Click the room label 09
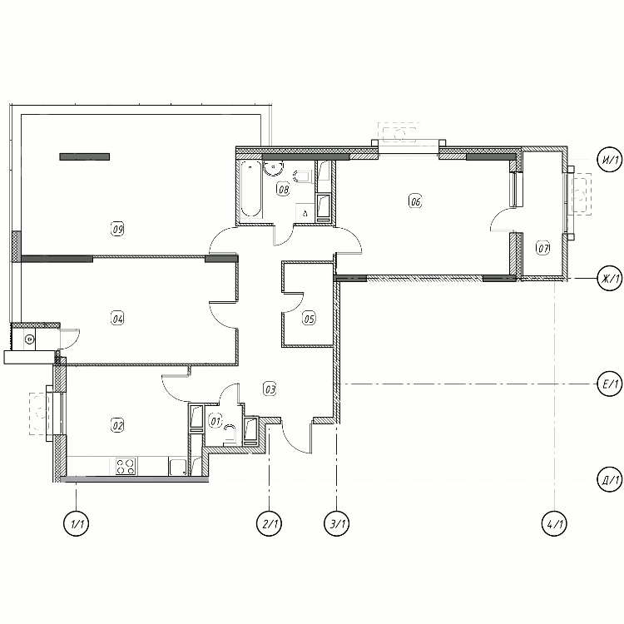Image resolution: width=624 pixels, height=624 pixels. tap(117, 229)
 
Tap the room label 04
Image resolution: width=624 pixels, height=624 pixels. tap(117, 319)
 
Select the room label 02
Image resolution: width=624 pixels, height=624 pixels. tap(117, 425)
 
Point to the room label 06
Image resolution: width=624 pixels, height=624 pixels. tap(415, 201)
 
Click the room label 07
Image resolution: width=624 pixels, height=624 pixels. tap(543, 248)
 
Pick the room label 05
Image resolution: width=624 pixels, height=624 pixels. tap(310, 319)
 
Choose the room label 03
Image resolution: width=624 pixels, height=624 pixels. tap(270, 389)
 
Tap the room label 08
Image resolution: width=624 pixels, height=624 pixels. tap(283, 189)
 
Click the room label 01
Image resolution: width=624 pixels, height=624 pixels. tap(215, 421)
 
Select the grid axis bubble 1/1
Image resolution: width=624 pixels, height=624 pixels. tap(77, 523)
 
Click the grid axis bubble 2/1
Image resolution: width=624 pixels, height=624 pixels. tap(270, 523)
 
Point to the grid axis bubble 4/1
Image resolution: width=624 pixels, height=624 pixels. tap(555, 523)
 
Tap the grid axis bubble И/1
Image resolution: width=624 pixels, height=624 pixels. tap(610, 160)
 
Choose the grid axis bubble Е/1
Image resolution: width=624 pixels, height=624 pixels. tap(610, 384)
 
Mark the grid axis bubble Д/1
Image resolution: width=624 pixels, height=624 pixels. tap(610, 479)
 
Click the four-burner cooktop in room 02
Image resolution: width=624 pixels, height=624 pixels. tap(126, 467)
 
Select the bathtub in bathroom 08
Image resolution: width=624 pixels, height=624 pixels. tap(251, 190)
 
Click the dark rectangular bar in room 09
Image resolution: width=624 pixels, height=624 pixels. tap(84, 156)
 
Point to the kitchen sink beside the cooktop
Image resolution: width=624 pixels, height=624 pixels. tap(177, 467)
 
